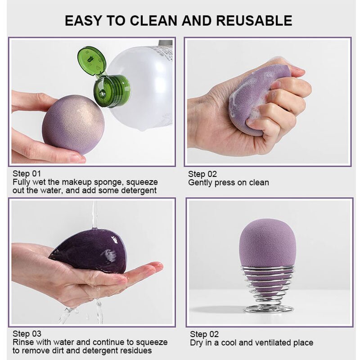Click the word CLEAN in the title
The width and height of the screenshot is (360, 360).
[146, 20]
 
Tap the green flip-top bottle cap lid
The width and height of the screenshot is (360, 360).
[91, 61]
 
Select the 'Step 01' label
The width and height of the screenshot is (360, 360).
[27, 174]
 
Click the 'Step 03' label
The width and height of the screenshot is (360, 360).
[27, 334]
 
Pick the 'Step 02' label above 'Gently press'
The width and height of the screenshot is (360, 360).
[203, 174]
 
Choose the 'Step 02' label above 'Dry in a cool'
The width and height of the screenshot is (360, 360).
[204, 334]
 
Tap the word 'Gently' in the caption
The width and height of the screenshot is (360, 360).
[200, 183]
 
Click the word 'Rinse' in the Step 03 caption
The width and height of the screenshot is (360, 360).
[23, 342]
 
